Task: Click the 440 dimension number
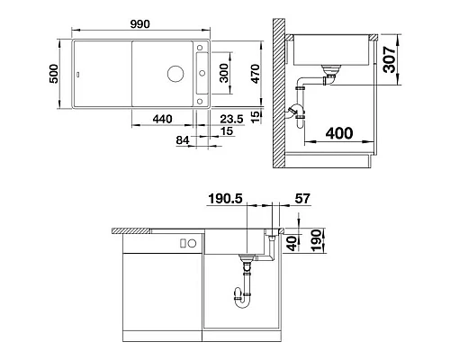(x=163, y=117)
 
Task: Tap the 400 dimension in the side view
(x=338, y=133)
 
